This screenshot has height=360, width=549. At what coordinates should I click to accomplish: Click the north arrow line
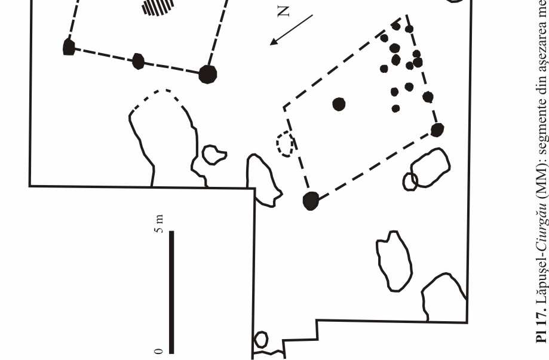coord(292,29)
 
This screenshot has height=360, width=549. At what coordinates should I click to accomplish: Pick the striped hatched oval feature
coord(158,6)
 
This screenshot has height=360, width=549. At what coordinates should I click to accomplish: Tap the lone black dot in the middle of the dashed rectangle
coord(339,104)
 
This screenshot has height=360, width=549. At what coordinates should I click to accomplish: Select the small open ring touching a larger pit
coord(410,181)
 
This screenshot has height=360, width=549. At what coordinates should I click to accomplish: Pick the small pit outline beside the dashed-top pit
coord(213,154)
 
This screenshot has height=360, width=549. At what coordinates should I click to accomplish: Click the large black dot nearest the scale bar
coord(311,201)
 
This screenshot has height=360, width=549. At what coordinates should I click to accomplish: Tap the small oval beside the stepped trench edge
coord(261,340)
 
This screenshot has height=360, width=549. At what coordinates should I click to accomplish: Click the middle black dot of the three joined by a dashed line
coord(138,61)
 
